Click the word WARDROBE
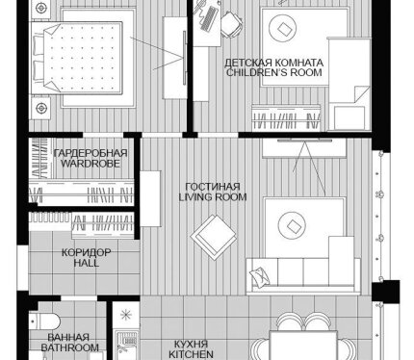click(x=91, y=164)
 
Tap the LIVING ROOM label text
click(x=213, y=196)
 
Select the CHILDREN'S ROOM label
click(x=274, y=72)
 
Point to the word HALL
click(x=87, y=263)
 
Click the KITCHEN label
click(x=191, y=354)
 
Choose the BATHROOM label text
click(x=69, y=347)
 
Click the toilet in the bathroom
click(x=44, y=321)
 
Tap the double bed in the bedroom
click(x=76, y=58)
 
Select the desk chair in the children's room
click(x=231, y=24)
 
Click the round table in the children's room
click(x=282, y=29)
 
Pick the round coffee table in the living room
click(x=292, y=226)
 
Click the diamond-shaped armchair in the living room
click(x=214, y=237)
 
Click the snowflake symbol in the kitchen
click(x=126, y=315)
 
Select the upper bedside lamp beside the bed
click(x=40, y=9)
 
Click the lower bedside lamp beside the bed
click(x=41, y=108)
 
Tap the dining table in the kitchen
click(x=303, y=346)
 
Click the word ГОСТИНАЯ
click(x=213, y=187)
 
